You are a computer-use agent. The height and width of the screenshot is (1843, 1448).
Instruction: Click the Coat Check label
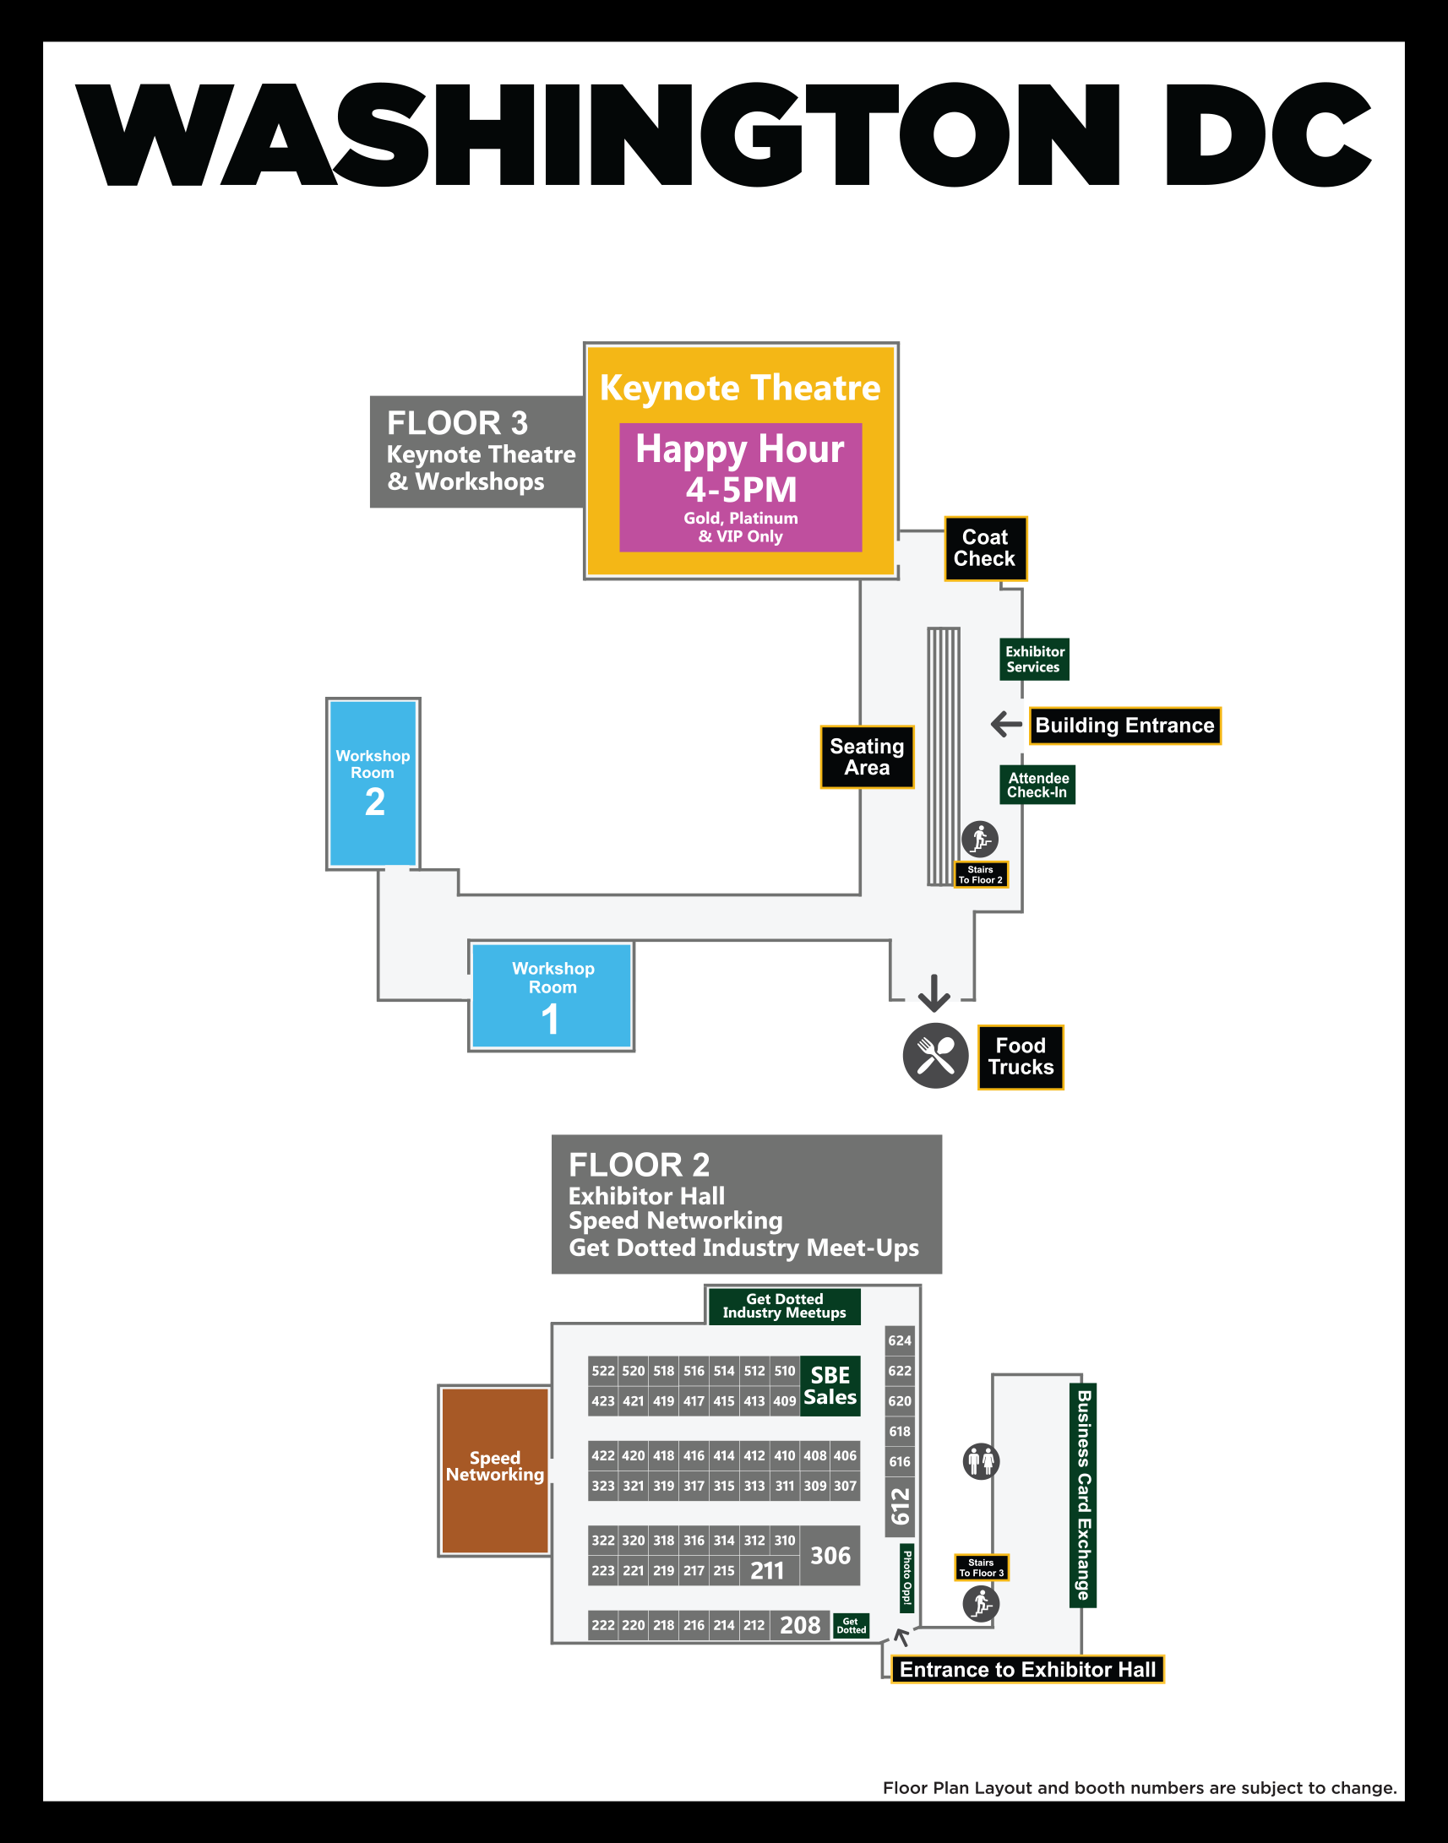click(985, 548)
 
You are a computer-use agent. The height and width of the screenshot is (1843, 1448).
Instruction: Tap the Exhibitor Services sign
click(1033, 660)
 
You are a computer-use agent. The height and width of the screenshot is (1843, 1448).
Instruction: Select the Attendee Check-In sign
click(1037, 785)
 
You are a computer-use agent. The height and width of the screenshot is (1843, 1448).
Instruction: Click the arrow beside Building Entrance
click(1006, 724)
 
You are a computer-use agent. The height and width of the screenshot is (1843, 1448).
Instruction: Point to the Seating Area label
click(867, 757)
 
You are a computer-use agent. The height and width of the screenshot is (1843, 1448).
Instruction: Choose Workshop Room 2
click(373, 782)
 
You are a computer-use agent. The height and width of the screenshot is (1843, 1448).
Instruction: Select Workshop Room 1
click(551, 996)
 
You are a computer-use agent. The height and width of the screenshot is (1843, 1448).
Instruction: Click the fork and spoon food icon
click(935, 1056)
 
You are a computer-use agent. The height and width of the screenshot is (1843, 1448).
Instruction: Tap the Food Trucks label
click(1021, 1057)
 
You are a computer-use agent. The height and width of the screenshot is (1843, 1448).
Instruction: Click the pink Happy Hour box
click(740, 487)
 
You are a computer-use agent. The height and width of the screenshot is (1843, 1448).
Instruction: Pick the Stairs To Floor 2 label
click(981, 875)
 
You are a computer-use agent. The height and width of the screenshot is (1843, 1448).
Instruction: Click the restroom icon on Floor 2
click(981, 1461)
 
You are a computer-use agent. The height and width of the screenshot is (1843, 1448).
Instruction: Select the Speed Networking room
click(494, 1470)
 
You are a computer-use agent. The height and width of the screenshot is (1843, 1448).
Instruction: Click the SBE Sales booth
click(830, 1386)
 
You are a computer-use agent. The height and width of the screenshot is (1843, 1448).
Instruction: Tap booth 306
click(830, 1556)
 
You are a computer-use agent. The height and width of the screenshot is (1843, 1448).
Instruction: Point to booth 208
click(799, 1625)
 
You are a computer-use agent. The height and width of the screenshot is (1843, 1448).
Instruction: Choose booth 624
click(900, 1340)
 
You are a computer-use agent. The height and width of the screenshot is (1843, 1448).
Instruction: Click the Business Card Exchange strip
click(1082, 1494)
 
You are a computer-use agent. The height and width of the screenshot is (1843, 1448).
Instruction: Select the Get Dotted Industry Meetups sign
click(784, 1307)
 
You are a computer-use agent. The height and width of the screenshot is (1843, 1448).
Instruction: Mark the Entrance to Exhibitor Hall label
click(1027, 1669)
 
